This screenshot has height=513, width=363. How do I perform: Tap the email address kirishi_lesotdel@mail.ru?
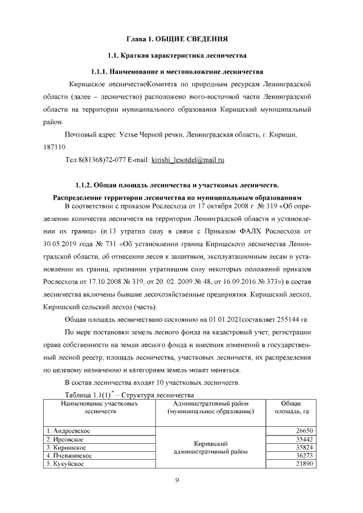188,160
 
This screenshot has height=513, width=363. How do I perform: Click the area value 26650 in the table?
304,431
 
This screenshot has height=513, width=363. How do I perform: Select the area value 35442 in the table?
304,439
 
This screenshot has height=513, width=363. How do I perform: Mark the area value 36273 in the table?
304,455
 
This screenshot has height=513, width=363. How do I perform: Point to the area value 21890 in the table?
304,464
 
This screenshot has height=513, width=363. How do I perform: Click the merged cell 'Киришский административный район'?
210,447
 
